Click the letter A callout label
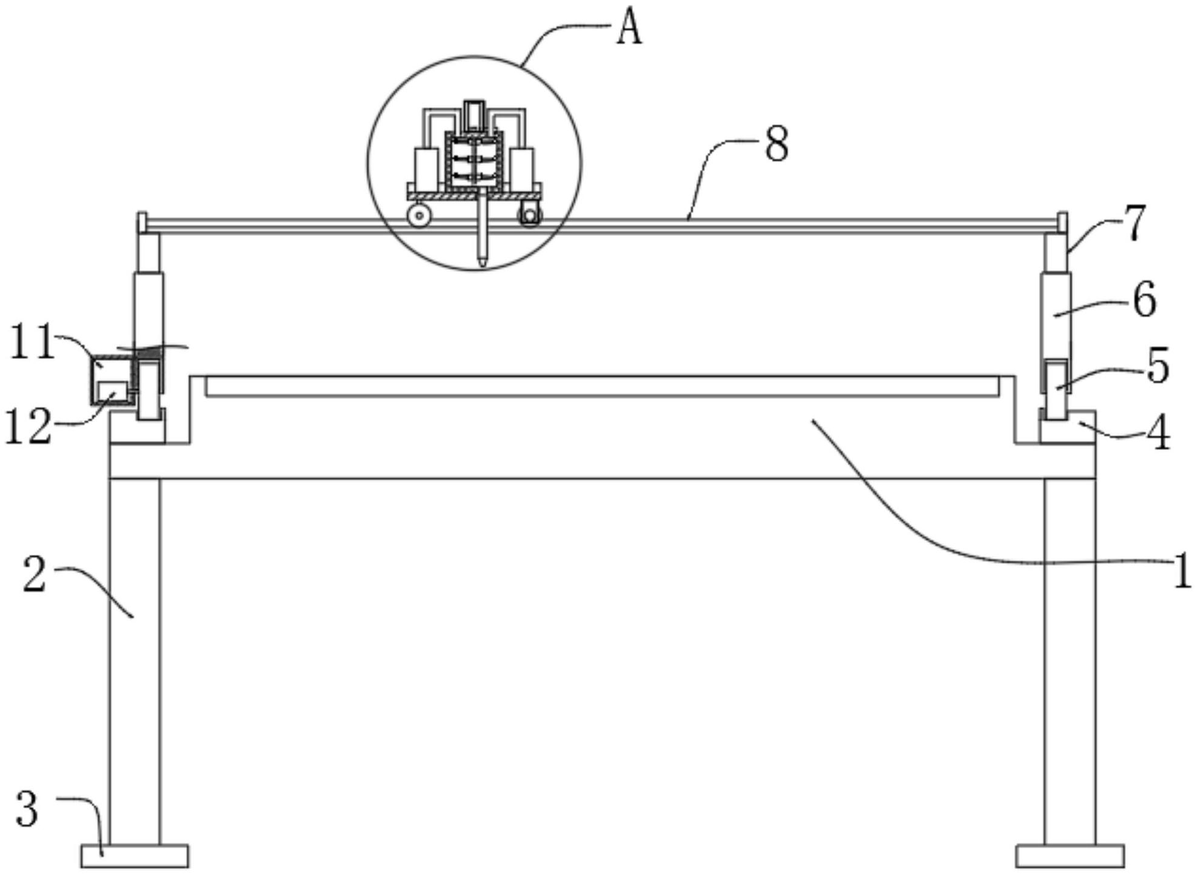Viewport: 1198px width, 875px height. (629, 29)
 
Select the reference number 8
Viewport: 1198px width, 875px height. (777, 144)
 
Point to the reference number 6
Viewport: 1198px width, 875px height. (1144, 300)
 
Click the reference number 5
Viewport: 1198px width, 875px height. (1158, 366)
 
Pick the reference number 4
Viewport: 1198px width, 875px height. (1160, 433)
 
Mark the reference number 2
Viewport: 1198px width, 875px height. (35, 574)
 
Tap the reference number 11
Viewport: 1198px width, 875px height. (32, 342)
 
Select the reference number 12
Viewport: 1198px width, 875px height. (28, 427)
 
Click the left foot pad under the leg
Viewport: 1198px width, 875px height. (135, 856)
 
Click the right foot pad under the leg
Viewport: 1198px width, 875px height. (1070, 856)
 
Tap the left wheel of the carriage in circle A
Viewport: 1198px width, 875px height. (419, 216)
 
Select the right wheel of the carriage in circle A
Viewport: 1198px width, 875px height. (529, 216)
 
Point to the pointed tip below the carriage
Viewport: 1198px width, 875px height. (482, 261)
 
